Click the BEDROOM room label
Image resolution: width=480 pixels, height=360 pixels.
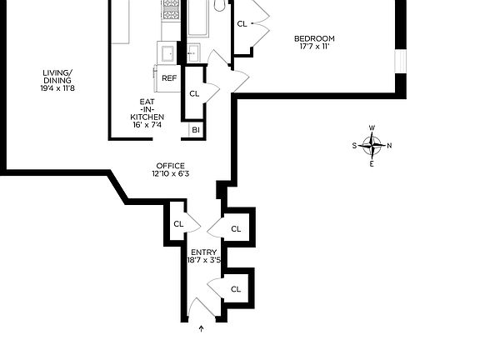[314, 38]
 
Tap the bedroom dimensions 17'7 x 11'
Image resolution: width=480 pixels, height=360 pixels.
[314, 47]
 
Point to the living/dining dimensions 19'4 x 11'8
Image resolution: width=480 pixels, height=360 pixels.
[58, 88]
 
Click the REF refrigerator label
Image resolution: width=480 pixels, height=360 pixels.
[169, 78]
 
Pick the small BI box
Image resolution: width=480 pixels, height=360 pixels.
[196, 130]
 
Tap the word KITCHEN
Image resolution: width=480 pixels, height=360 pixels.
[147, 117]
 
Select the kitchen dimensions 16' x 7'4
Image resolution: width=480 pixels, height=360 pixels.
[147, 125]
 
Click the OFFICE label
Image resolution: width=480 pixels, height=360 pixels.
[170, 166]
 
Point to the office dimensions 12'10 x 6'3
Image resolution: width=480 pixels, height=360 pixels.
[170, 174]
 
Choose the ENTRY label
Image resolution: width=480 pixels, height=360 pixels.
[203, 252]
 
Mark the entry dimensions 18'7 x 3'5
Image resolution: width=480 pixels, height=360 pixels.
[204, 261]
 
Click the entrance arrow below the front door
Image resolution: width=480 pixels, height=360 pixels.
[202, 330]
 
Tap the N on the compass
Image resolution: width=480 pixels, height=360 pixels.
[389, 146]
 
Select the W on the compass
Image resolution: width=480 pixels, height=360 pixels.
[372, 128]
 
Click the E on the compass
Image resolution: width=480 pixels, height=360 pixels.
[372, 163]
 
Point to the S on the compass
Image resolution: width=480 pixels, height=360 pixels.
[354, 146]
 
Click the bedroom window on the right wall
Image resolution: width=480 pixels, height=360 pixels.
[399, 62]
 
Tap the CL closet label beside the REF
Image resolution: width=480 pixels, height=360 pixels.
[194, 93]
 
